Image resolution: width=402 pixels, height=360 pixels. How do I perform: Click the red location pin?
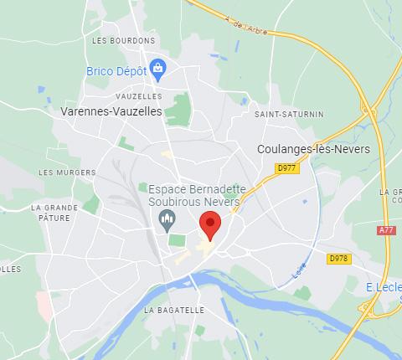coord(209,224)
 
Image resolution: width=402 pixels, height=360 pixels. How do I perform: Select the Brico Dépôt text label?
coord(116,71)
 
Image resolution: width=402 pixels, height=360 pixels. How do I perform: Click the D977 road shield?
coord(286,168)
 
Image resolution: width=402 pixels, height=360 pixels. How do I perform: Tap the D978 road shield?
coord(338,259)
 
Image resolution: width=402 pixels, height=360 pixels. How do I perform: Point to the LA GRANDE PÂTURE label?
coord(54,213)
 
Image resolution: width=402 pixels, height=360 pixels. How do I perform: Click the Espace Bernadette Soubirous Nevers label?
coord(194,196)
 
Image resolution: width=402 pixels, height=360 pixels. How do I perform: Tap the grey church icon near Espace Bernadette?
coord(166,221)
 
